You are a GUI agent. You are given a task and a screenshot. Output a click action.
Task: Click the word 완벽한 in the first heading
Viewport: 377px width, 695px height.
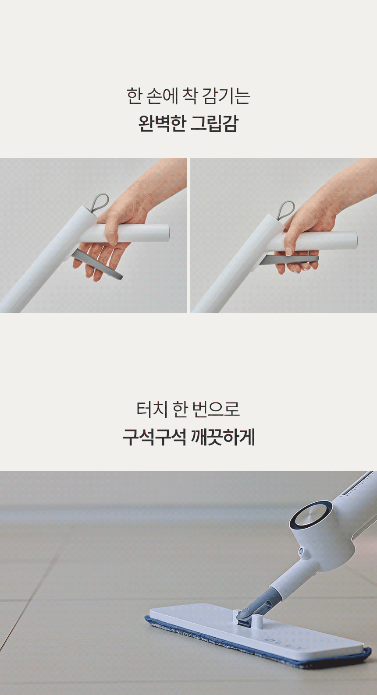162,123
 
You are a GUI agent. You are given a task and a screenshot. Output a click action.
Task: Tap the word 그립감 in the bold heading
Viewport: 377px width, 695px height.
214,123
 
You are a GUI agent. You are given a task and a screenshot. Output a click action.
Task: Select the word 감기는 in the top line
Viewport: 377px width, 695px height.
226,96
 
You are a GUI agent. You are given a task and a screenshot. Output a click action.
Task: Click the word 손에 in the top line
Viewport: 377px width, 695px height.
161,96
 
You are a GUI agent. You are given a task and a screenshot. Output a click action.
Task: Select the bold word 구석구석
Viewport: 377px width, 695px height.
154,437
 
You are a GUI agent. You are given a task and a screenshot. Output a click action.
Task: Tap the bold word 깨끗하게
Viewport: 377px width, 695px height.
223,437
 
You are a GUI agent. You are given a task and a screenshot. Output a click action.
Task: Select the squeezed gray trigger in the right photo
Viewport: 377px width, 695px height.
289,259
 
